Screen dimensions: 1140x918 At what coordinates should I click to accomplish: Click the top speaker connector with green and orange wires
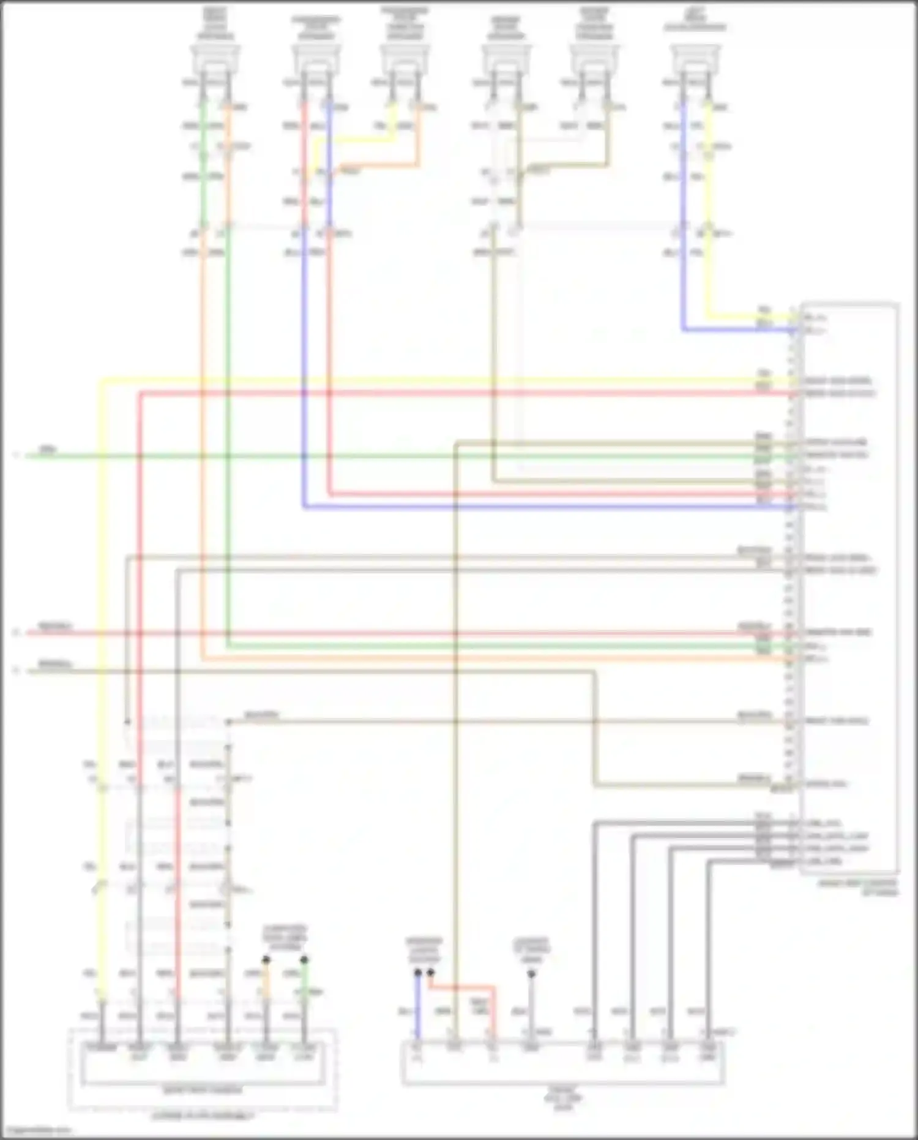click(215, 59)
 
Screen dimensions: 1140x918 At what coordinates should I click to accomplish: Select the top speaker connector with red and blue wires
click(316, 59)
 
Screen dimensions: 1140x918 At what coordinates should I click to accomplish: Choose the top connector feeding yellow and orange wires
click(405, 59)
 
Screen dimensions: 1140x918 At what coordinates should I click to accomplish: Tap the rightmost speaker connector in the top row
click(695, 59)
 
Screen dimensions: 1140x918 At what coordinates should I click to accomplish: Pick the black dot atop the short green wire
click(304, 960)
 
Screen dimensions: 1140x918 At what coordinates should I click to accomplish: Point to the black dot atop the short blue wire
click(417, 972)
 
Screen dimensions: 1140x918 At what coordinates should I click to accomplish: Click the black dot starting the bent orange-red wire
click(431, 972)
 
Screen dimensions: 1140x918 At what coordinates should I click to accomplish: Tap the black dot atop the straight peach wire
click(266, 960)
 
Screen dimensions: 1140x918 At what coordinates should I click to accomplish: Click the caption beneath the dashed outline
click(202, 1116)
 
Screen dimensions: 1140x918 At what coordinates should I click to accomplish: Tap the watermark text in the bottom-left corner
click(37, 1130)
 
